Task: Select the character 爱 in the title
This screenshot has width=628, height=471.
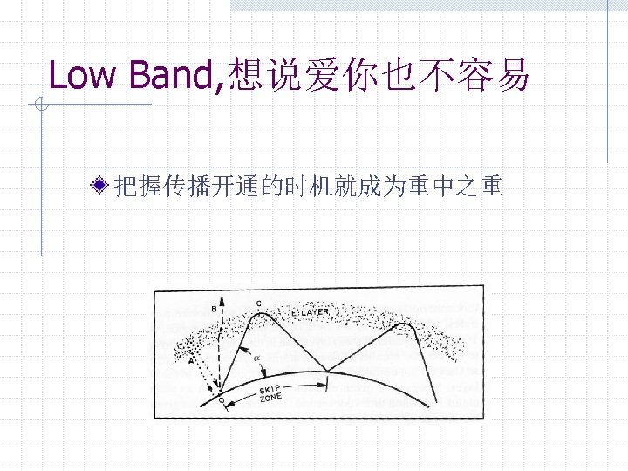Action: (331, 76)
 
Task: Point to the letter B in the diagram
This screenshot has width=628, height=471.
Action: (215, 309)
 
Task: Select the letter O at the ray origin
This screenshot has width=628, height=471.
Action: (221, 400)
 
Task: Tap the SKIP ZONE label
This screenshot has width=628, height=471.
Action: (271, 393)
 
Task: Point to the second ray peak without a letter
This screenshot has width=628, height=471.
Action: (403, 325)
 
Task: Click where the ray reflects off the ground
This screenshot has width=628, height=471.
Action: (328, 371)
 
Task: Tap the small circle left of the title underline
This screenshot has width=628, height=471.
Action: (40, 106)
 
